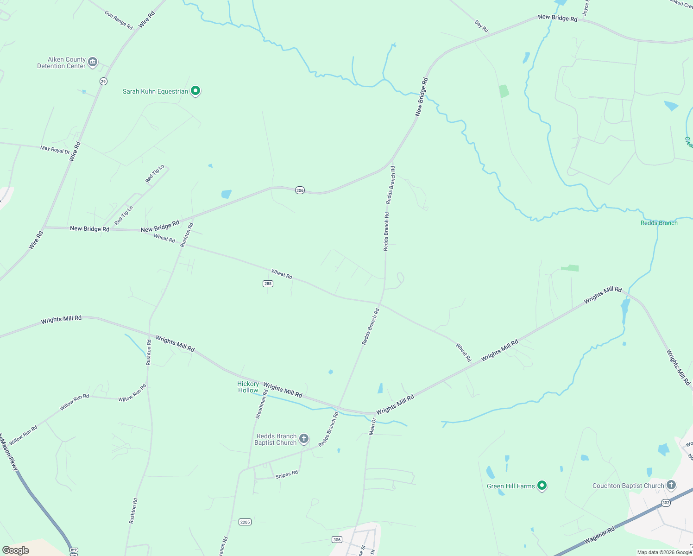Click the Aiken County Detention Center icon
(x=93, y=62)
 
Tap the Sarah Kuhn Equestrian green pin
(x=195, y=91)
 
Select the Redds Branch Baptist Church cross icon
(x=304, y=438)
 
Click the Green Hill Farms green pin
(x=542, y=486)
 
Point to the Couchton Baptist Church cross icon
(x=671, y=485)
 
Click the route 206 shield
(x=300, y=190)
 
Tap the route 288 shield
(x=268, y=284)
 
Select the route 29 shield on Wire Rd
(x=103, y=81)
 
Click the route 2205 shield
(x=245, y=522)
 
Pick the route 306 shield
(x=337, y=539)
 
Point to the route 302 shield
(x=666, y=503)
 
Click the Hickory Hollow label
(x=248, y=387)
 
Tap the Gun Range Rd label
(x=119, y=20)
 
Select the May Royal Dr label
(x=55, y=150)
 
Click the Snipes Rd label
(x=286, y=475)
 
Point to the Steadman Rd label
(x=262, y=404)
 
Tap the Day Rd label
(x=482, y=26)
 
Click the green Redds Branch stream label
(x=659, y=223)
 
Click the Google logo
(x=16, y=550)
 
